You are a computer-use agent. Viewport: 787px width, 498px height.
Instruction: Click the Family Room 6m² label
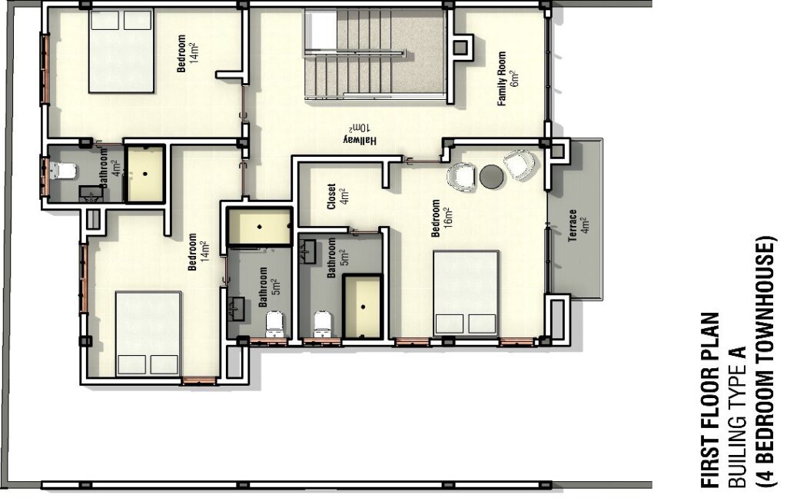(x=507, y=78)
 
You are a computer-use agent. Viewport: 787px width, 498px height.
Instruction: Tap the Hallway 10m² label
(x=360, y=134)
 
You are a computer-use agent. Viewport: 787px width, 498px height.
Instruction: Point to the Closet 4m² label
(x=337, y=196)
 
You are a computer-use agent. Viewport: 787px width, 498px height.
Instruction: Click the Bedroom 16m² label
(x=442, y=218)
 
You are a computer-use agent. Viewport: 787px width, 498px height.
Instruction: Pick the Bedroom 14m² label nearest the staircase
(x=188, y=53)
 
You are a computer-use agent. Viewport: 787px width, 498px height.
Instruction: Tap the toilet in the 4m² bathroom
(x=62, y=171)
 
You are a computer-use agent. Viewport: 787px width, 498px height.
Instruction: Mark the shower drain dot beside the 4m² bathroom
(x=145, y=174)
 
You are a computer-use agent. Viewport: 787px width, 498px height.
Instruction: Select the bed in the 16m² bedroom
(x=467, y=293)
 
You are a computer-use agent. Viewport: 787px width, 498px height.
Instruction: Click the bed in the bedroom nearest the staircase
(x=121, y=50)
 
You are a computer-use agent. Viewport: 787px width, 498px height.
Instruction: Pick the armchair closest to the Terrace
(x=520, y=164)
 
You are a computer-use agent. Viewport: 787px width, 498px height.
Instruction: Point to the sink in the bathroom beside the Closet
(x=307, y=251)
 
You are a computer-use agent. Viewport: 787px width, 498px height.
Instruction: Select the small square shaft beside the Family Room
(x=460, y=47)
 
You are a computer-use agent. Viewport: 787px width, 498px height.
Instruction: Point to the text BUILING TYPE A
(x=737, y=417)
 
